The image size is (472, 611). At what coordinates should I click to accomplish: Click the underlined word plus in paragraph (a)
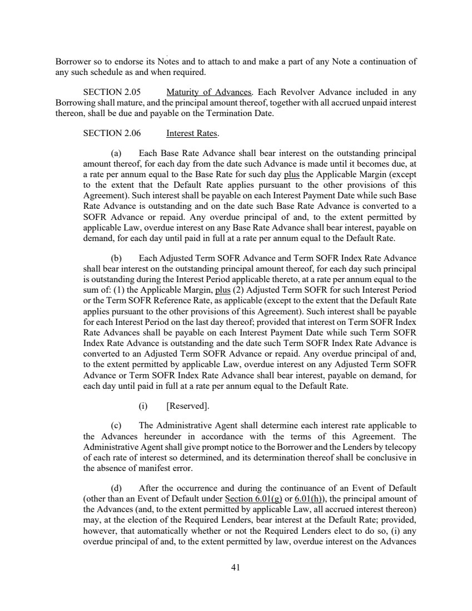click(x=292, y=172)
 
